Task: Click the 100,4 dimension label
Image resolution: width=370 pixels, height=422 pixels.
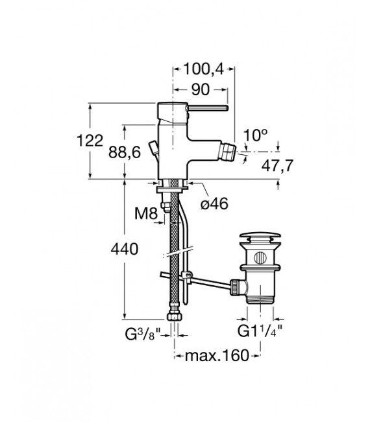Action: pos(204,69)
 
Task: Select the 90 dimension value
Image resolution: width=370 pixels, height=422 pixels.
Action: pos(201,89)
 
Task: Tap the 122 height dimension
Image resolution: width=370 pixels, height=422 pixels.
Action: pos(90,141)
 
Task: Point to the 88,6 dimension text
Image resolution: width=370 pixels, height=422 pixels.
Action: pos(125,152)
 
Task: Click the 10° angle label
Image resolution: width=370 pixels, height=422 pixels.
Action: pos(256,135)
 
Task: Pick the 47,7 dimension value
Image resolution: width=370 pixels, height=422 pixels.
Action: pos(277,165)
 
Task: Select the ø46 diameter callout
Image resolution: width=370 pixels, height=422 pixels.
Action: pos(214,204)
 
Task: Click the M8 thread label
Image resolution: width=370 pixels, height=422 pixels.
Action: pos(146,214)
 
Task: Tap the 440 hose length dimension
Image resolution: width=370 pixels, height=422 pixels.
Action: pos(125,249)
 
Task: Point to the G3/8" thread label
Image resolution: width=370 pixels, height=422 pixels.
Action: pos(143,334)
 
